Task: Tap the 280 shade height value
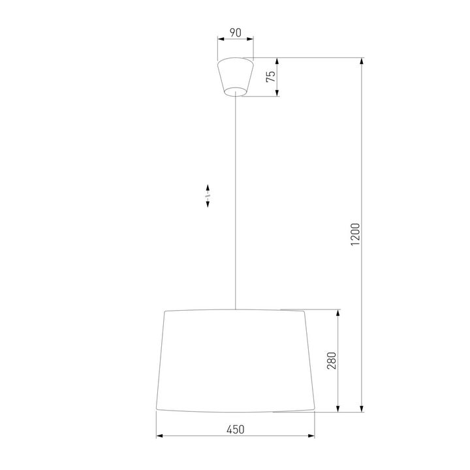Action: (331, 361)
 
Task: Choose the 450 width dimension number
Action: (235, 429)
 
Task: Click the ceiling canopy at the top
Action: (236, 75)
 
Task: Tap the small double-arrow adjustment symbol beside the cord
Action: (208, 195)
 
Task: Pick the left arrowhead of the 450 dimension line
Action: (159, 436)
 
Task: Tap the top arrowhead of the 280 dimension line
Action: (337, 313)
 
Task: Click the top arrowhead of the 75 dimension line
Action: (278, 61)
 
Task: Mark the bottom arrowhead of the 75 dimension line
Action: (278, 93)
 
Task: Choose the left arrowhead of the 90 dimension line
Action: (220, 39)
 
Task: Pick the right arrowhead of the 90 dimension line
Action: (252, 39)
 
